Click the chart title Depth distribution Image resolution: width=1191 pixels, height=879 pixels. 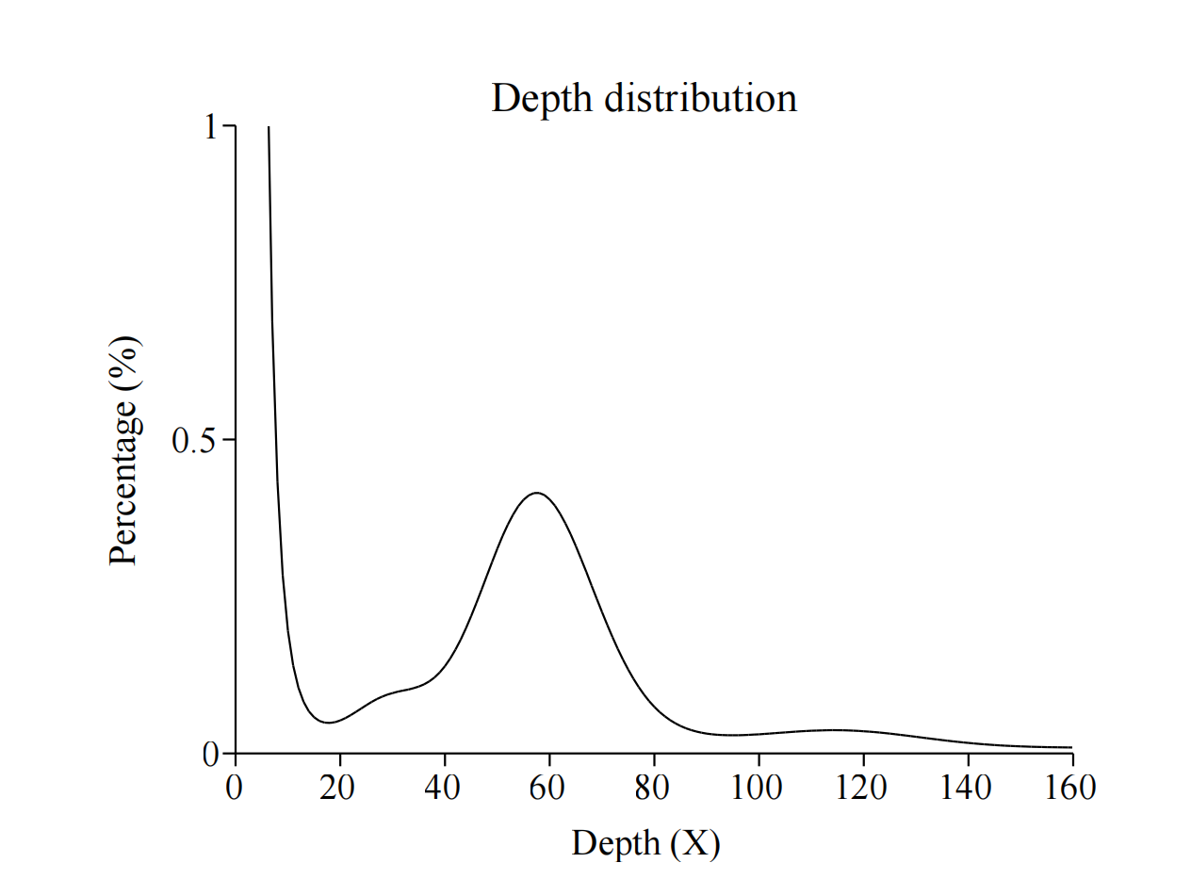(644, 98)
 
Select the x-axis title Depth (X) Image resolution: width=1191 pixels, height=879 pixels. (645, 843)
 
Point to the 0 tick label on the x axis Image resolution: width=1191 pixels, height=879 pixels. (235, 787)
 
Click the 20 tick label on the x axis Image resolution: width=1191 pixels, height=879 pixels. (338, 787)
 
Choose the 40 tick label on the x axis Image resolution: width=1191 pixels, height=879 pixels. (443, 787)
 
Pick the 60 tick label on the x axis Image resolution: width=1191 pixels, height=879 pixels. (547, 787)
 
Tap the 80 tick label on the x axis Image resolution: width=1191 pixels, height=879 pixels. (652, 787)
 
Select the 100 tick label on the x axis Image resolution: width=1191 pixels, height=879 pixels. (757, 787)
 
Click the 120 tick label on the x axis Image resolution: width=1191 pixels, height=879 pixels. (861, 787)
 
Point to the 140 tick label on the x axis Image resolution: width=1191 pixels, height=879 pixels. (966, 787)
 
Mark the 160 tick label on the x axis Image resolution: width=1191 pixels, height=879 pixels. (1070, 787)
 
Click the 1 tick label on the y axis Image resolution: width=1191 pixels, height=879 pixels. (212, 127)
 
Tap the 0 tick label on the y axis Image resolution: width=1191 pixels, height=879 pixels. (211, 754)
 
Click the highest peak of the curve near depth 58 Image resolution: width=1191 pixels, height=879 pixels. (536, 493)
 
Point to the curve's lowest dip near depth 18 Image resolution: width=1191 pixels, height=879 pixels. (328, 723)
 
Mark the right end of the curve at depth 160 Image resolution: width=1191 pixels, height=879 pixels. (1071, 747)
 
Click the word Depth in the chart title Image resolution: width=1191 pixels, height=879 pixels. (542, 98)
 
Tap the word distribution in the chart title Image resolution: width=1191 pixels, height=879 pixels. (700, 98)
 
